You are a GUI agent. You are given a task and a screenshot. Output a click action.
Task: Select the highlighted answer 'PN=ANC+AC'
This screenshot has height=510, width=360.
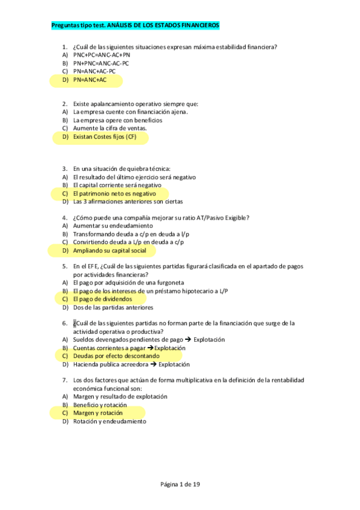click(90, 79)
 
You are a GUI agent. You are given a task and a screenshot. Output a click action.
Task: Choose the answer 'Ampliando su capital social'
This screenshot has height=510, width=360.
click(109, 250)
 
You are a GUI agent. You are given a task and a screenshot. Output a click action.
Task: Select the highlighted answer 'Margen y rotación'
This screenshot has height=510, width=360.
click(97, 413)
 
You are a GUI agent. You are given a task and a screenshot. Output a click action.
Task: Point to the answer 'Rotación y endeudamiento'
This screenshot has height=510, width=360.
click(109, 422)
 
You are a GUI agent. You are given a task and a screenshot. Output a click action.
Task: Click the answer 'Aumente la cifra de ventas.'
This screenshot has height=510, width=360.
click(109, 128)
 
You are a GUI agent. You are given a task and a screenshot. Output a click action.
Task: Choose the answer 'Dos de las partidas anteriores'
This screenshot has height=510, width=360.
click(113, 307)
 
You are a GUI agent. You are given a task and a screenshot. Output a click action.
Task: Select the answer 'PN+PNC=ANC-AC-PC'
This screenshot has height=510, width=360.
click(101, 63)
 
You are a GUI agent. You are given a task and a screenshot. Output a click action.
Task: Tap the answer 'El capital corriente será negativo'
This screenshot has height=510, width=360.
click(117, 185)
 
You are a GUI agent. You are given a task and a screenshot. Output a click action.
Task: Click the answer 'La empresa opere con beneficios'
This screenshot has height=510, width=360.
click(117, 120)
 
